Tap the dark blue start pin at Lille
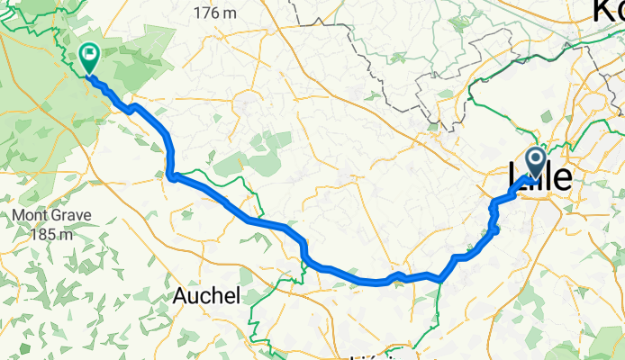click(x=536, y=163)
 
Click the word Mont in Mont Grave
click(x=30, y=216)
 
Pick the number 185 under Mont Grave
click(x=35, y=234)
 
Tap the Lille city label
click(x=540, y=177)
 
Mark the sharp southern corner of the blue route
click(x=439, y=280)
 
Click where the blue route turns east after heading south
click(x=171, y=175)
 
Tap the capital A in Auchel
click(x=181, y=296)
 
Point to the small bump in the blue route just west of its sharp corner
click(x=396, y=274)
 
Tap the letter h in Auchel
click(x=219, y=296)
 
